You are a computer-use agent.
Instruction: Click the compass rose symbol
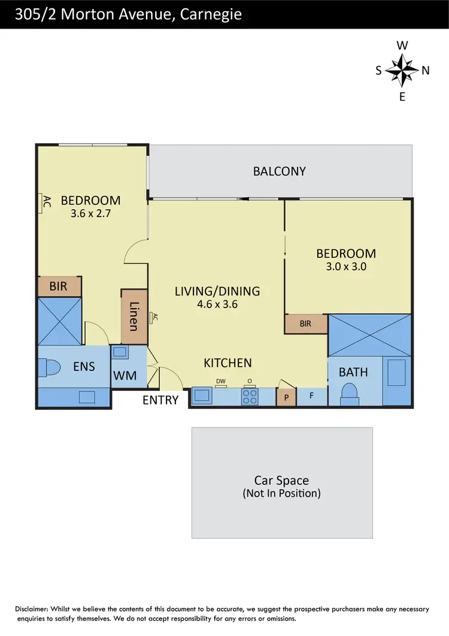coord(402,70)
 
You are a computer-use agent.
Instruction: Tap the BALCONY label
coord(279,171)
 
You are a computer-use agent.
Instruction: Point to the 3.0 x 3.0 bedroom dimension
coord(345,267)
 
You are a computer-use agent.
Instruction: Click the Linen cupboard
coord(134,317)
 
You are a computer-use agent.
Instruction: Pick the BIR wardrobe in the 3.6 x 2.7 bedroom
coord(59,287)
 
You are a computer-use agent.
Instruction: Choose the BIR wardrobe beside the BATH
coord(306,324)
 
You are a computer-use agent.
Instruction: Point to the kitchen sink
coord(201,396)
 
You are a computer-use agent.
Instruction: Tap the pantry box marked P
coord(286,397)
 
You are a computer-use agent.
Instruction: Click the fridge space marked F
coord(311,396)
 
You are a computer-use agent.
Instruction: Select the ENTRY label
coord(160,400)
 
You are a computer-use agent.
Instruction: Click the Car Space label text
coord(281,480)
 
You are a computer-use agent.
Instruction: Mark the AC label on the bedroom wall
coord(44,203)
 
